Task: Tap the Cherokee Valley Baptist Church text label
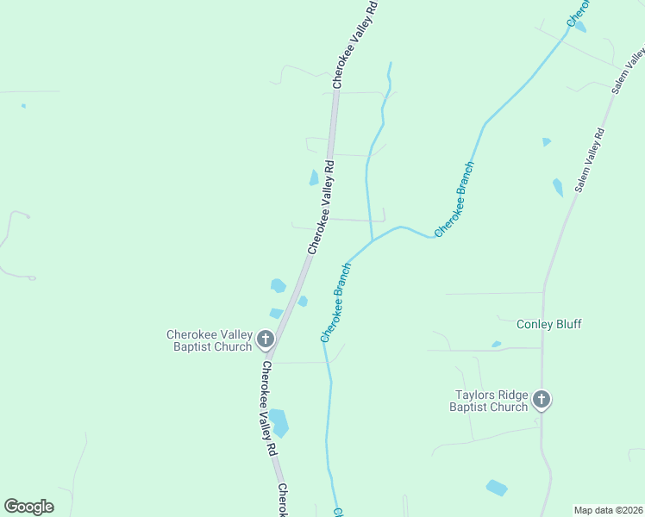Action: (x=210, y=340)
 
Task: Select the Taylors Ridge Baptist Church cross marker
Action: (x=542, y=399)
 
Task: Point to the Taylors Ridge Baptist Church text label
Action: (x=491, y=401)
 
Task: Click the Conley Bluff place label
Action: (x=548, y=324)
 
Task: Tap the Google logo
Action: (x=28, y=507)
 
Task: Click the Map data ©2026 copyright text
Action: (x=608, y=510)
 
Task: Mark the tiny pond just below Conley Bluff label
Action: (x=497, y=345)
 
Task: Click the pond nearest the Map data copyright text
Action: (x=497, y=488)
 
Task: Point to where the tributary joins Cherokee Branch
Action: (x=372, y=242)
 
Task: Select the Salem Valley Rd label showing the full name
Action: (x=591, y=160)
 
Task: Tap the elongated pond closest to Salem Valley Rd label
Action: (x=558, y=187)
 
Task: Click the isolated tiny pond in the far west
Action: (x=23, y=106)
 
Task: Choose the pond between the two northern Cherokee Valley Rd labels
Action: (x=314, y=178)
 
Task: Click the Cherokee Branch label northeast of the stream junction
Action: (x=454, y=199)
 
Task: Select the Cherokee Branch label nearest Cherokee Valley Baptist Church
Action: (x=335, y=302)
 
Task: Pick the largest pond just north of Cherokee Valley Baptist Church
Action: (x=278, y=285)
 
